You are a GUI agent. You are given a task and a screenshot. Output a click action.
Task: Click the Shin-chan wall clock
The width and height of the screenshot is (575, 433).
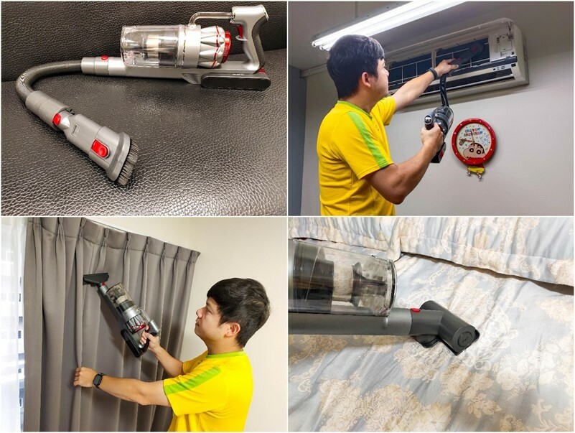click(x=474, y=142)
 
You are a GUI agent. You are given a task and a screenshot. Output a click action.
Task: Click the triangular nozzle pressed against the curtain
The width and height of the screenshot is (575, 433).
click(x=95, y=279)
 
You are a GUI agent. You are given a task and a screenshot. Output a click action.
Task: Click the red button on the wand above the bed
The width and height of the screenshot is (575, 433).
click(x=414, y=310)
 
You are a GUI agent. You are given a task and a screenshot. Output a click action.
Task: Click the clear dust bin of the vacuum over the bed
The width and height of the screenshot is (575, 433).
click(x=342, y=280)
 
